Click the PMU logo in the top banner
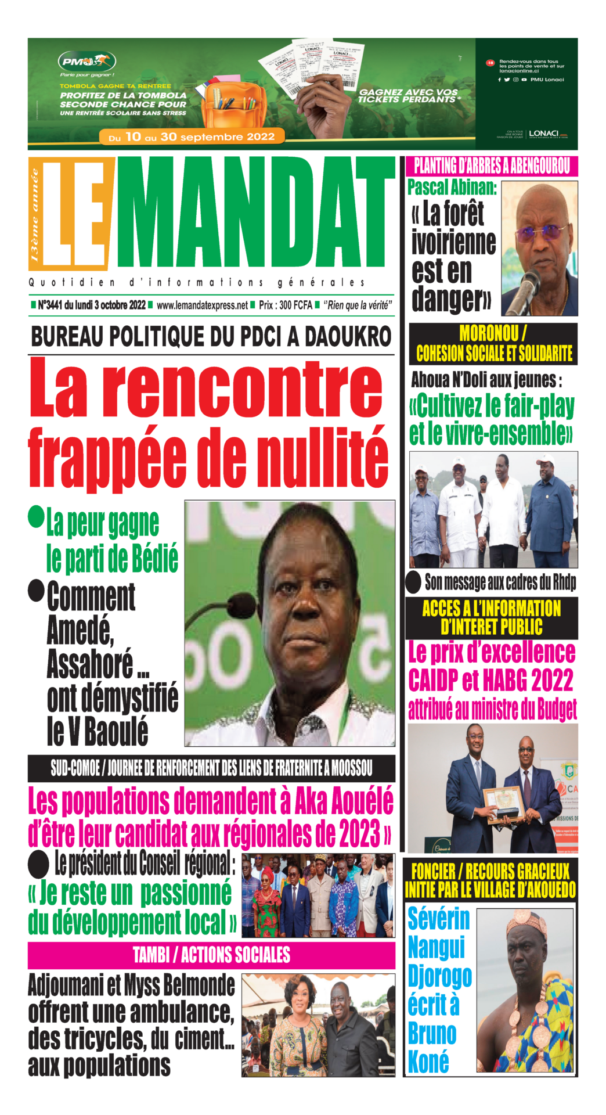86,61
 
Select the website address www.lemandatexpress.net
202,305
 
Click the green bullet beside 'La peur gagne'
37,516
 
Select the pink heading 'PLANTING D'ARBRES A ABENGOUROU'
492,167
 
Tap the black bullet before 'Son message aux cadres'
413,582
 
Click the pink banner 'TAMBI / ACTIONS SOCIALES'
211,955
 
